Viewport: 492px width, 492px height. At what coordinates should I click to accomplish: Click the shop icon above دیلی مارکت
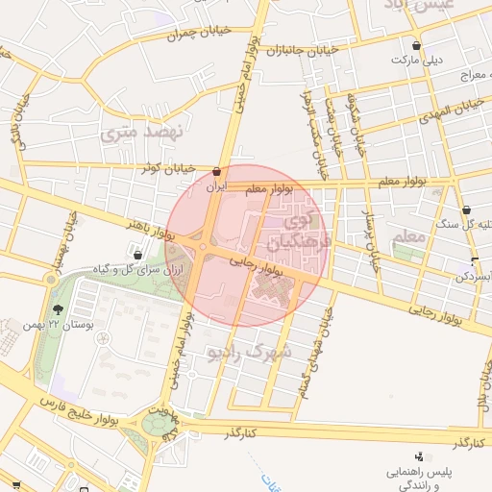click(x=416, y=44)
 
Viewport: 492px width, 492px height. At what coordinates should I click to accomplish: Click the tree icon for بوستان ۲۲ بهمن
click(x=59, y=309)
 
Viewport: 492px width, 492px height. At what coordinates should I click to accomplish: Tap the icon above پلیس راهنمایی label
click(x=418, y=456)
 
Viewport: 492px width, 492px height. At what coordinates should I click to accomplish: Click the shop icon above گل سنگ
click(x=466, y=209)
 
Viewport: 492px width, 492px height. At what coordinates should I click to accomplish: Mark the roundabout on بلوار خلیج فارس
click(x=155, y=422)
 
